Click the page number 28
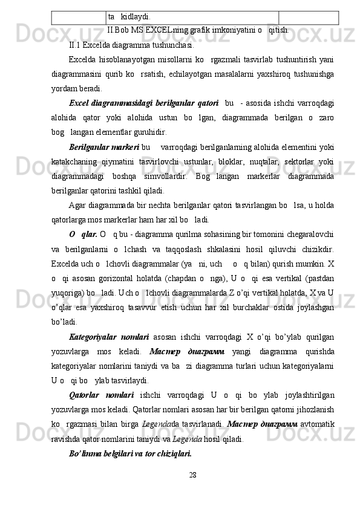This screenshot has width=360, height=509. click(192, 491)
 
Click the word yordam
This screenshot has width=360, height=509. click(83, 88)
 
